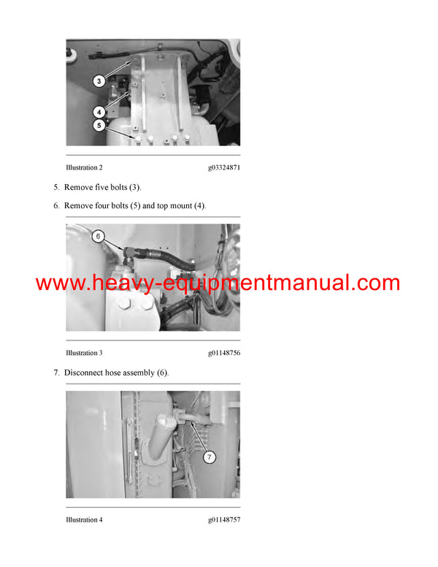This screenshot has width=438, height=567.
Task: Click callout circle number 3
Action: [x=99, y=81]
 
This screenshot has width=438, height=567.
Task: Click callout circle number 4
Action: [x=99, y=111]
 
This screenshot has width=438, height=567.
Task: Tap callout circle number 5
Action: [x=99, y=125]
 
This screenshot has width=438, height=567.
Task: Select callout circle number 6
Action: [x=99, y=236]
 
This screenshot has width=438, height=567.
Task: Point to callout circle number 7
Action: [x=209, y=457]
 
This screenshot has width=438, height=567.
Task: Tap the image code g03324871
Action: [x=223, y=168]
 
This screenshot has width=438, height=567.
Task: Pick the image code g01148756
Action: [x=223, y=353]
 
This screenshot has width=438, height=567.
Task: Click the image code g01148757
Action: [x=223, y=520]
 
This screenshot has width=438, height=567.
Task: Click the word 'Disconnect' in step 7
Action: [x=86, y=373]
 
